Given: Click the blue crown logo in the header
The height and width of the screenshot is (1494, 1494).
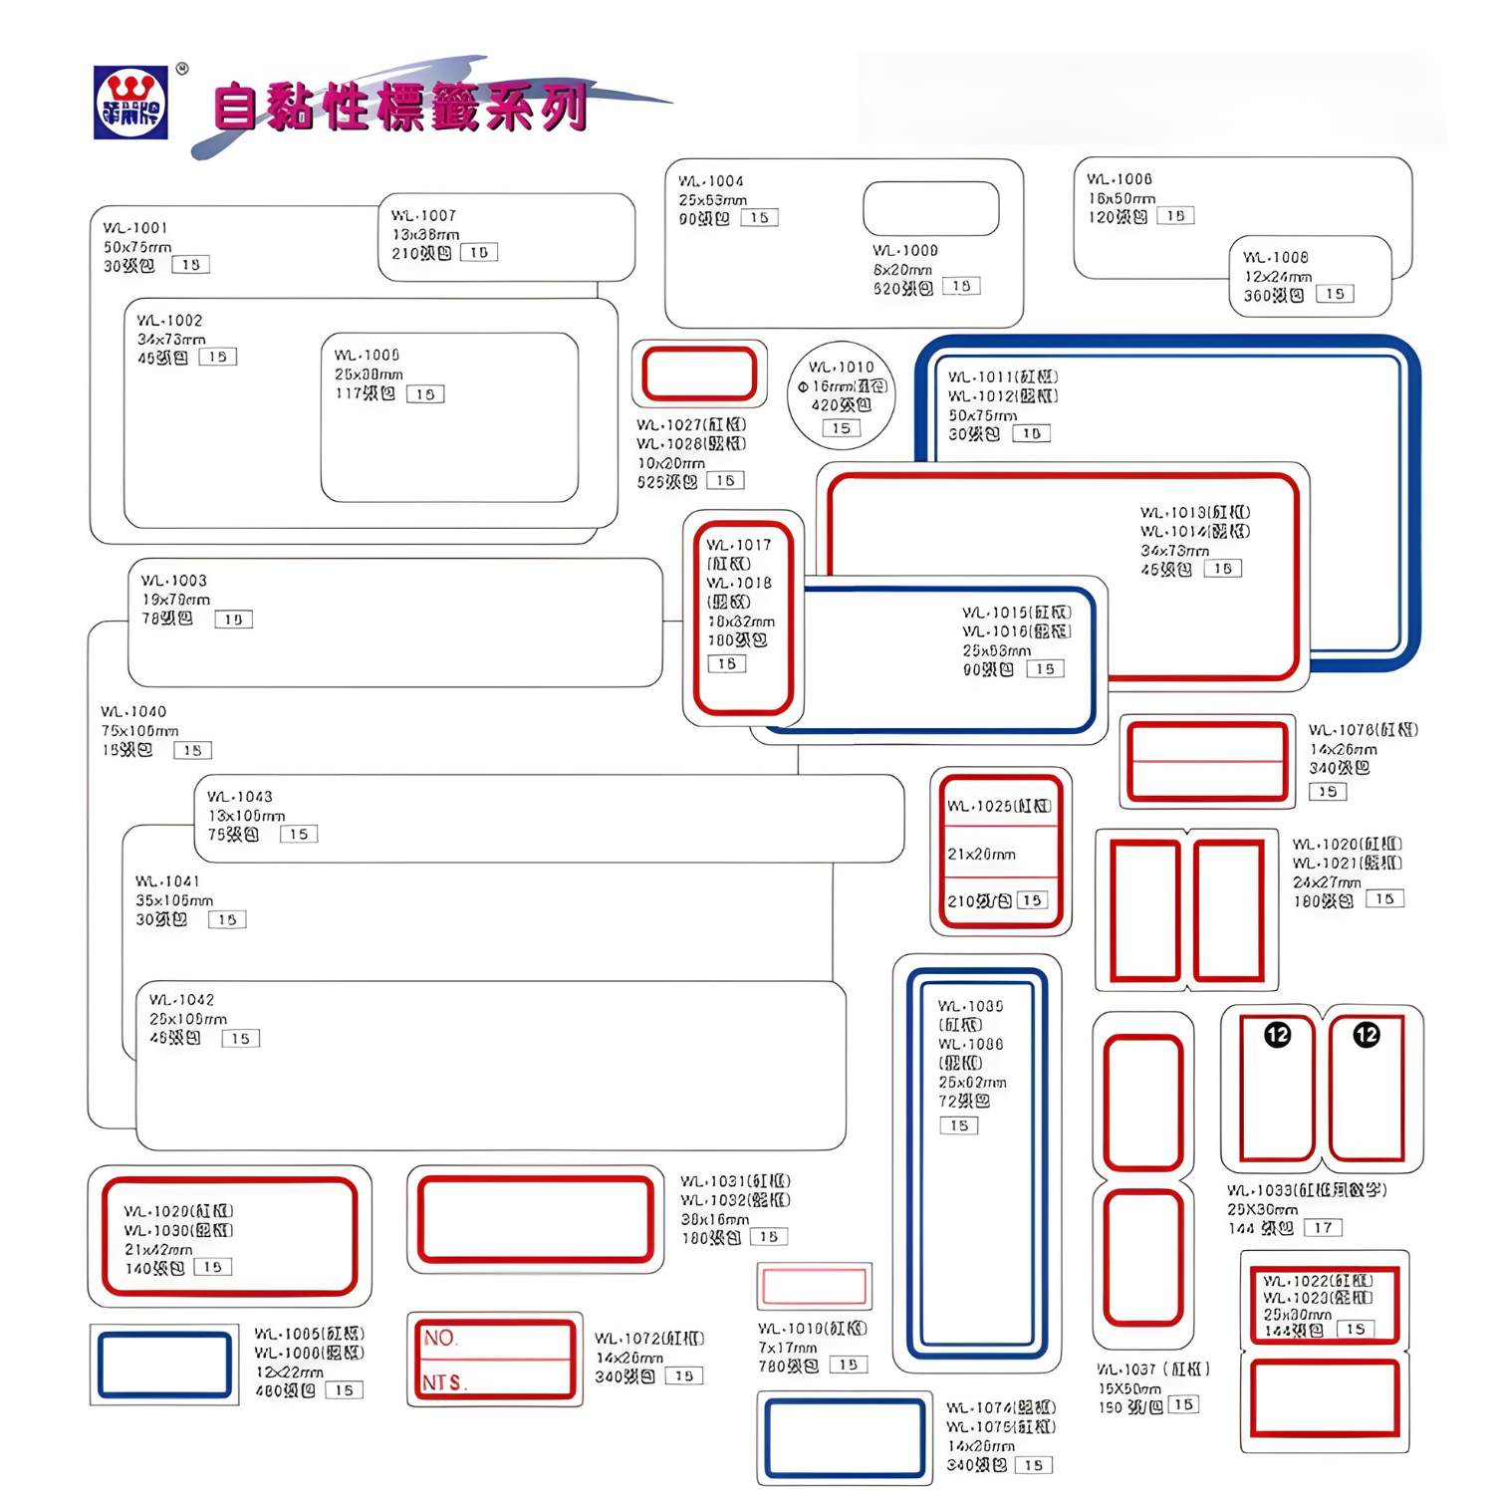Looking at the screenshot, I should pyautogui.click(x=130, y=103).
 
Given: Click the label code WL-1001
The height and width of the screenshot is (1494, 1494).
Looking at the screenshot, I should pyautogui.click(x=135, y=228).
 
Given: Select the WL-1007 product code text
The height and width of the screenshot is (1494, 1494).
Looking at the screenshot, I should pyautogui.click(x=423, y=215).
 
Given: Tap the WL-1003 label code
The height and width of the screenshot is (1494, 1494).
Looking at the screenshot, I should pyautogui.click(x=173, y=581).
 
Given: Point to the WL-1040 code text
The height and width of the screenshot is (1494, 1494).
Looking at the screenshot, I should pyautogui.click(x=133, y=712).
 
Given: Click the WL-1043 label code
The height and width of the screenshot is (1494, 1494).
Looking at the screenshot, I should pyautogui.click(x=239, y=797).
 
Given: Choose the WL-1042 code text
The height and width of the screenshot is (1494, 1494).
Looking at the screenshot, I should pyautogui.click(x=181, y=1000).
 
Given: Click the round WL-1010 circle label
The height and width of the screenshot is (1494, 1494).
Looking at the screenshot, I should pyautogui.click(x=841, y=395).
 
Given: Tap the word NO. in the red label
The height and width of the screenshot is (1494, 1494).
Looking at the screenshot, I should pyautogui.click(x=439, y=1338).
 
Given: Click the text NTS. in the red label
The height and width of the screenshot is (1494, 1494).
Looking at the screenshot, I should pyautogui.click(x=444, y=1382).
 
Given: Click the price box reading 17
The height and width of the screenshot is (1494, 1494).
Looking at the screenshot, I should pyautogui.click(x=1323, y=1227).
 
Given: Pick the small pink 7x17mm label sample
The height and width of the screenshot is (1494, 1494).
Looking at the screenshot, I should pyautogui.click(x=814, y=1287).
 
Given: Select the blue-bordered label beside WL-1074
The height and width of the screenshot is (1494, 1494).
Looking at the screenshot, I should pyautogui.click(x=845, y=1438).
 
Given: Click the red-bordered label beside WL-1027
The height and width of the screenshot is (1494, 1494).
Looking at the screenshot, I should pyautogui.click(x=699, y=373).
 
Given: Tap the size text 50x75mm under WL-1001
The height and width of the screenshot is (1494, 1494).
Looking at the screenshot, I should pyautogui.click(x=137, y=247).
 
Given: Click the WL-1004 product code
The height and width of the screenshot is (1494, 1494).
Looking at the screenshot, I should pyautogui.click(x=710, y=181).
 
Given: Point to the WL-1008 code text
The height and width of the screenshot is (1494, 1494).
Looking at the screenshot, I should pyautogui.click(x=1276, y=257).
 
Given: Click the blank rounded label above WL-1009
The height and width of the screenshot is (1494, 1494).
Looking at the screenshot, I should pyautogui.click(x=930, y=208).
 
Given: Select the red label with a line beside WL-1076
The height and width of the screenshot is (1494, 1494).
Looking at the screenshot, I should pyautogui.click(x=1207, y=761).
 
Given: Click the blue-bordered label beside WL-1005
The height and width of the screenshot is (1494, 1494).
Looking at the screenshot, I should pyautogui.click(x=164, y=1365).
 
